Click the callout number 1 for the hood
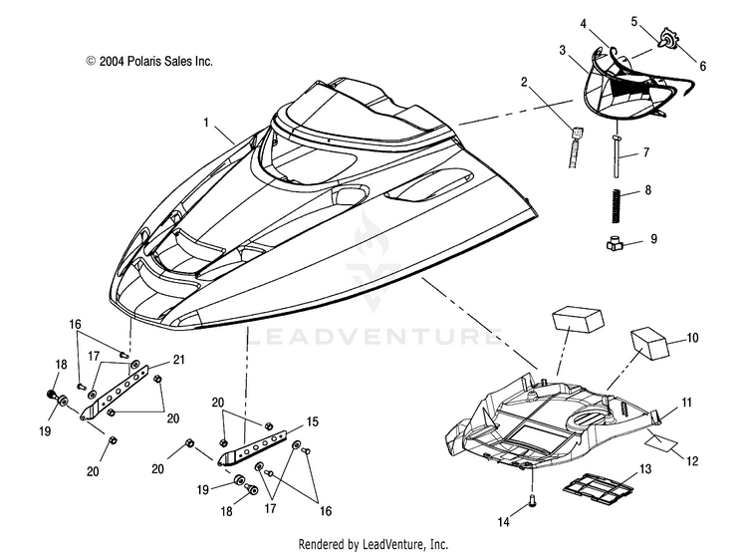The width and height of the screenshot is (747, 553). click(206, 123)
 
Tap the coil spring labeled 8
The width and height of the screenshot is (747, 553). click(617, 205)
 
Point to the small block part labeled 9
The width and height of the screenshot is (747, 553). click(616, 244)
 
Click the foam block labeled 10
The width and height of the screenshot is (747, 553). click(650, 343)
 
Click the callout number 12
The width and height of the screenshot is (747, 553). click(692, 461)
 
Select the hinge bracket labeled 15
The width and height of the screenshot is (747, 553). click(253, 448)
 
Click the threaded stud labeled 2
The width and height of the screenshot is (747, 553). click(576, 147)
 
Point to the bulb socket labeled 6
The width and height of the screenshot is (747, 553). click(669, 40)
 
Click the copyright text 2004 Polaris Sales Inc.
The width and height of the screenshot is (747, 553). click(149, 62)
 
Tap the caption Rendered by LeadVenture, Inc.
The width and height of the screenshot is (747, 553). click(373, 544)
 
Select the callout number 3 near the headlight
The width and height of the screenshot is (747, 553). click(563, 50)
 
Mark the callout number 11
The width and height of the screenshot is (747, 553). click(686, 403)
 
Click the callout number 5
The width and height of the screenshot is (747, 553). click(634, 22)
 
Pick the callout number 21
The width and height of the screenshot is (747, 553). click(178, 360)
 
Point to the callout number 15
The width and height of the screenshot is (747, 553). click(313, 421)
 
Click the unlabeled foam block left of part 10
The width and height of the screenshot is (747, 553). click(578, 320)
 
